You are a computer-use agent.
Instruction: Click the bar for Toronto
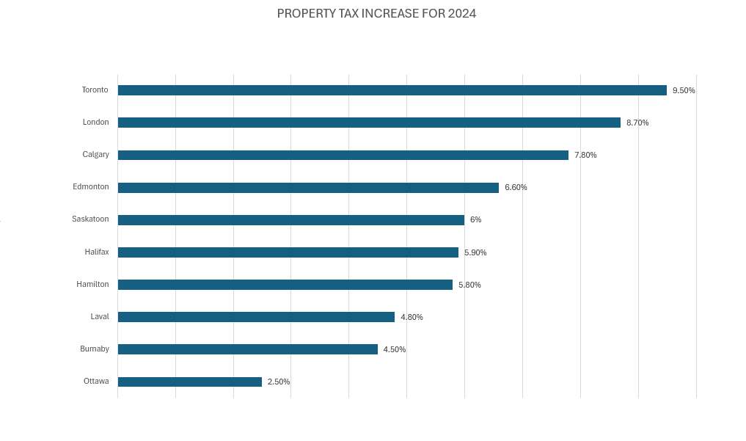point(392,90)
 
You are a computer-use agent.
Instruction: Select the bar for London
point(369,123)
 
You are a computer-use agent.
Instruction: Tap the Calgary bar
point(343,155)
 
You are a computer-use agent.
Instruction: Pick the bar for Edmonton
point(308,188)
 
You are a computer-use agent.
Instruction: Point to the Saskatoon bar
point(290,220)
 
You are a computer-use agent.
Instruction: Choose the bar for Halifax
point(288,252)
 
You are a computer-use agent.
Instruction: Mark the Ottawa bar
point(189,382)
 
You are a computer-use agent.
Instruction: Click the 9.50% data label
point(684,90)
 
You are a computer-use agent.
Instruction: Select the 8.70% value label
point(637,123)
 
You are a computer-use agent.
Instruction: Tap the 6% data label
point(475,220)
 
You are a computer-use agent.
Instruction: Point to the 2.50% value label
point(279,382)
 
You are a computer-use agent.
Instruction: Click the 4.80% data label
point(412,317)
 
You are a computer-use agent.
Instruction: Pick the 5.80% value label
point(469,285)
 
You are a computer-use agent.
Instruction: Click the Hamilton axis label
point(92,284)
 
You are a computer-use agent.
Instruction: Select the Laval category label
point(100,316)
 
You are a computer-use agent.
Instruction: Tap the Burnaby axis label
point(95,349)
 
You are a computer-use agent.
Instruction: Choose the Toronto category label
point(95,90)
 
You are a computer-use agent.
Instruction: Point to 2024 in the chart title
point(462,13)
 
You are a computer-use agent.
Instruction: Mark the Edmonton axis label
point(91,186)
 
